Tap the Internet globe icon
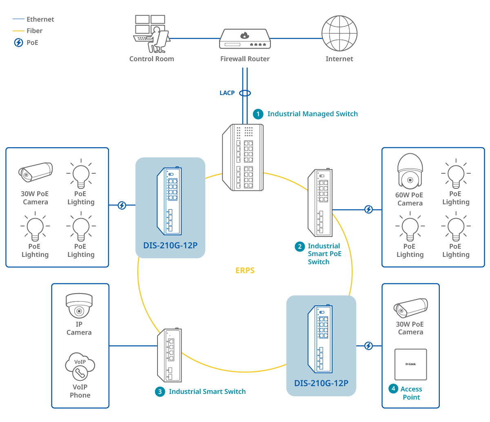pyautogui.click(x=339, y=34)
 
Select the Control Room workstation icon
pyautogui.click(x=151, y=34)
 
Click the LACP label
pyautogui.click(x=227, y=93)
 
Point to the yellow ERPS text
pyautogui.click(x=245, y=270)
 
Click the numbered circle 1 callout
pyautogui.click(x=258, y=114)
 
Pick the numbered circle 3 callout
pyautogui.click(x=160, y=391)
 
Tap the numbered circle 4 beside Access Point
pyautogui.click(x=393, y=389)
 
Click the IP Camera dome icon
pyautogui.click(x=79, y=306)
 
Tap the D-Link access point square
pyautogui.click(x=410, y=364)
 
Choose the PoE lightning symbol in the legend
pyautogui.click(x=19, y=42)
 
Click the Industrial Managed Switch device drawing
pyautogui.click(x=243, y=157)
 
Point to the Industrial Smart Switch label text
pyautogui.click(x=207, y=391)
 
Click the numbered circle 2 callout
pyautogui.click(x=300, y=246)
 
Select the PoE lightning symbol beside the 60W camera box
pyautogui.click(x=368, y=210)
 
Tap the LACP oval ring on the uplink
pyautogui.click(x=245, y=93)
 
